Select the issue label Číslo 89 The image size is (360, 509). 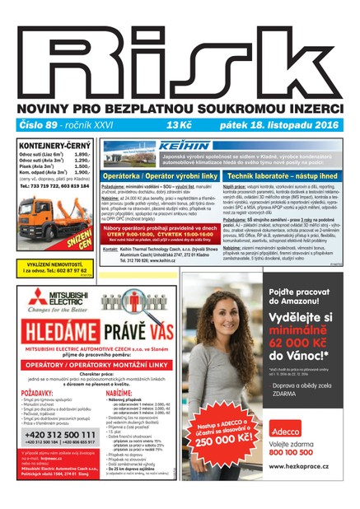tap(37, 124)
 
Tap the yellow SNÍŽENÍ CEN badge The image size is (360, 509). tap(80, 222)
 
